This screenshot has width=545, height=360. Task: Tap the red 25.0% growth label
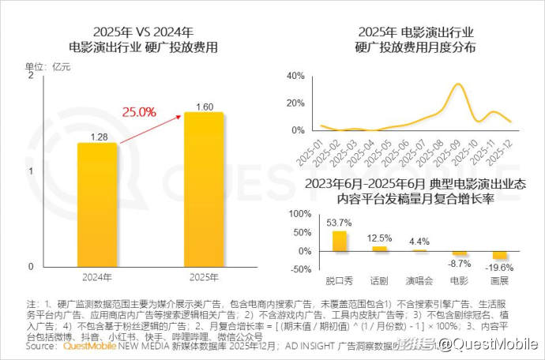(x=138, y=112)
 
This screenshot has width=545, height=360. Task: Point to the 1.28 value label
(x=98, y=136)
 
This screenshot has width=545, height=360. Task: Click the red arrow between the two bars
(x=150, y=127)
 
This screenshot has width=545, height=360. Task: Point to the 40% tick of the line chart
(x=295, y=76)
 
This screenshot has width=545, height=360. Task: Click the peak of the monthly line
(x=459, y=84)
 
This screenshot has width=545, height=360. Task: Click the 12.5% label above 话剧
(x=379, y=238)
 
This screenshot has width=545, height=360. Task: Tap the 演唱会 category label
(x=419, y=280)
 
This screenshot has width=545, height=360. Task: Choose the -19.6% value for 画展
(x=499, y=267)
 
